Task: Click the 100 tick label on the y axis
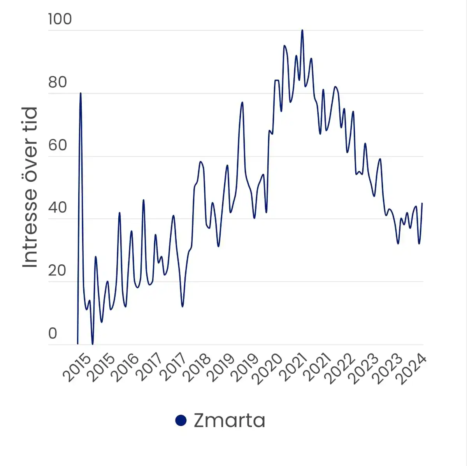point(60,19)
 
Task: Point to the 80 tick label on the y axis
point(58,83)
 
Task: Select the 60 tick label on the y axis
point(58,145)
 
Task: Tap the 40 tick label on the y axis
point(58,208)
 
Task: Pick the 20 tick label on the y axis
point(58,271)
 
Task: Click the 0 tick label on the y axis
point(53,334)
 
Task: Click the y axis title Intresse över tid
point(30,187)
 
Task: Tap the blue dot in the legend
point(181,420)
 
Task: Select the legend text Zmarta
point(229,420)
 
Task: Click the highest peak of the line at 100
point(302,30)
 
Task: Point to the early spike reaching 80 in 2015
point(81,93)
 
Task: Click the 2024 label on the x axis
point(413,370)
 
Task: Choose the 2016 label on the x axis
point(125,368)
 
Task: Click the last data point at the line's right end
point(422,204)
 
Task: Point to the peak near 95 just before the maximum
point(284,46)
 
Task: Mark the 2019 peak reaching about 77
point(242,102)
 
